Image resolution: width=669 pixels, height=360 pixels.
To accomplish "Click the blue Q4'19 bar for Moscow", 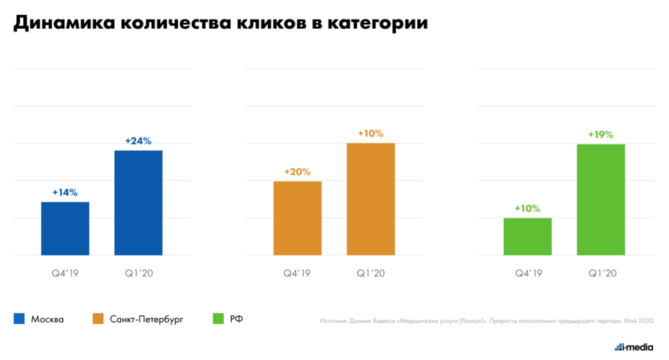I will (65, 228).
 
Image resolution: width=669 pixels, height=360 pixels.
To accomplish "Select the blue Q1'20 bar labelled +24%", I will (138, 202).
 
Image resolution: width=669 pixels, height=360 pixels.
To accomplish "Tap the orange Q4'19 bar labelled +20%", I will (297, 218).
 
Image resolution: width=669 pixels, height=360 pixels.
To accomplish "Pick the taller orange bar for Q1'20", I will (370, 199).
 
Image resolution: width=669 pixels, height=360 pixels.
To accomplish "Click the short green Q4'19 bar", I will (527, 236).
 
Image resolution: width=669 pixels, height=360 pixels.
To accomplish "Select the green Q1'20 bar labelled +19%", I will (601, 199).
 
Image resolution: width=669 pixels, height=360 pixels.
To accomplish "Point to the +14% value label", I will (65, 192).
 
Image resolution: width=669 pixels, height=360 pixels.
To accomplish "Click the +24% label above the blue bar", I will (138, 141).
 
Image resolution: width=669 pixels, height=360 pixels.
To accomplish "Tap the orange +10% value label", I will (370, 133).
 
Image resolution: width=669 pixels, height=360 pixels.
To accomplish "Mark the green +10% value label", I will (527, 208).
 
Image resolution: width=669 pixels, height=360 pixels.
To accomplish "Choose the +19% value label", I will (601, 135).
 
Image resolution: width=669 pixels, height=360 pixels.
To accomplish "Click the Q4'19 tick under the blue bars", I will (65, 273).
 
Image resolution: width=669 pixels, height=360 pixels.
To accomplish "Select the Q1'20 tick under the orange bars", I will (370, 273).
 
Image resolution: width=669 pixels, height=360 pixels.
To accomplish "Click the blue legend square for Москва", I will (19, 319).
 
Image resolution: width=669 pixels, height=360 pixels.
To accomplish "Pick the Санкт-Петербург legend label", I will (146, 319).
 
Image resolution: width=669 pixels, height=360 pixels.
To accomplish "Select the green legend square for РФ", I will (218, 319).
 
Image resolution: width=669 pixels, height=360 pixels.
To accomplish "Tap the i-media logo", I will (634, 347).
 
